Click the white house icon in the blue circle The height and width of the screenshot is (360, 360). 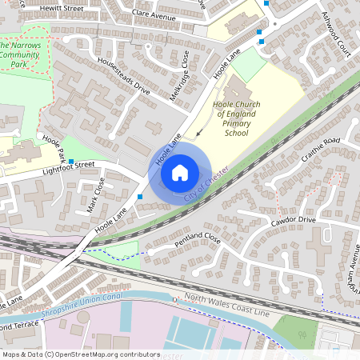(180, 172)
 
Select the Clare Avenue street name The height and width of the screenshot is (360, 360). (154, 15)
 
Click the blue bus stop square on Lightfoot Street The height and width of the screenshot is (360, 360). (71, 162)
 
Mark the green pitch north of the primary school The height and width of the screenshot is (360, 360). (249, 64)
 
